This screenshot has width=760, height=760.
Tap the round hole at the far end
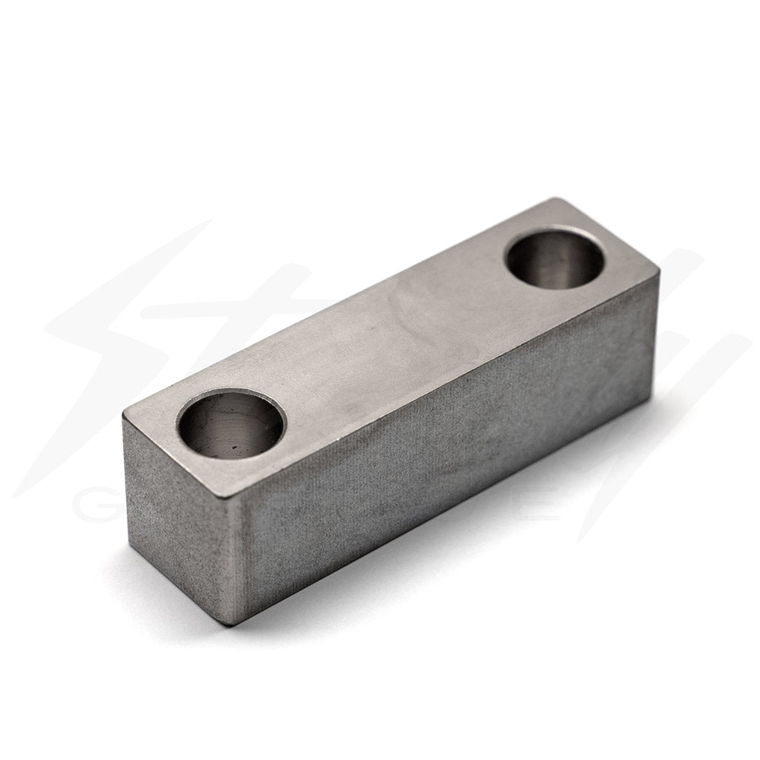click(x=553, y=260)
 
